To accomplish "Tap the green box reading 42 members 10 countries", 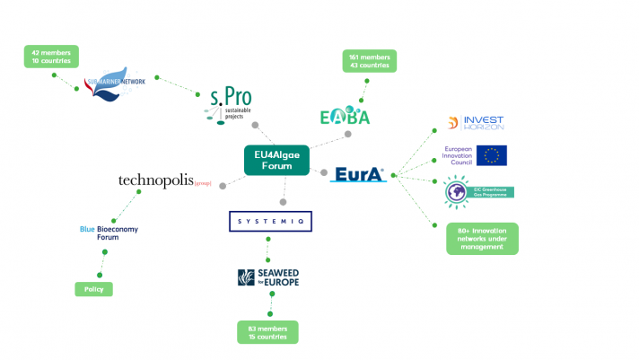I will click(51, 57).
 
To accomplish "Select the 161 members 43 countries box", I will click(369, 61).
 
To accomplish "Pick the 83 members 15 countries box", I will click(268, 332).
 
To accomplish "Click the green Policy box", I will click(94, 289).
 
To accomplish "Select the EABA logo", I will click(346, 115).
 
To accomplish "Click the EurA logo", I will click(359, 173).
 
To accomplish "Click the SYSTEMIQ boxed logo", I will click(269, 220).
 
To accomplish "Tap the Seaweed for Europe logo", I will click(268, 278).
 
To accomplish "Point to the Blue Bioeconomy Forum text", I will click(112, 233).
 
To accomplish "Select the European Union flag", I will click(491, 155).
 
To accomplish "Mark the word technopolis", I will click(156, 181).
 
